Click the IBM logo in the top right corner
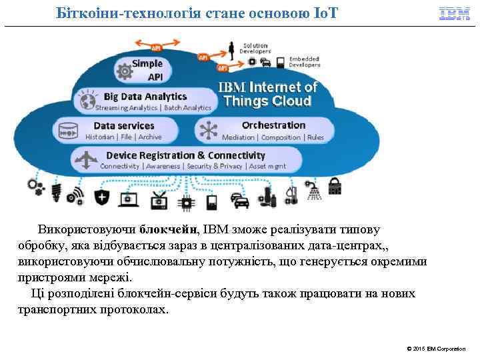click(455, 13)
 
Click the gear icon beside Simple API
click(125, 69)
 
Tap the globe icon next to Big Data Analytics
click(86, 101)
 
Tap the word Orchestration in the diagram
click(273, 125)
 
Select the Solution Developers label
click(255, 48)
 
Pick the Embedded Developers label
click(304, 62)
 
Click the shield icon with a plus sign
click(101, 197)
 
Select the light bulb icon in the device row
click(56, 190)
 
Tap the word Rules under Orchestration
click(315, 137)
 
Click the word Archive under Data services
click(150, 137)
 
